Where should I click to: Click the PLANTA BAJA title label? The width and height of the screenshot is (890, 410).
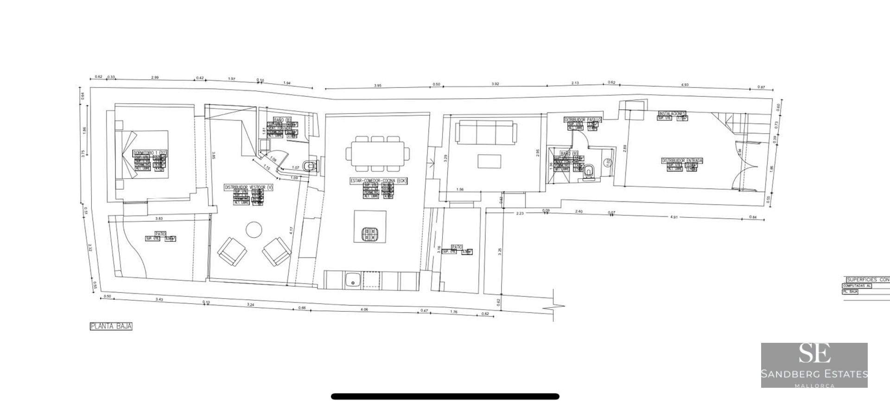111,326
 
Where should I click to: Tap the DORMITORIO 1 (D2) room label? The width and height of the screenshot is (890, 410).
149,153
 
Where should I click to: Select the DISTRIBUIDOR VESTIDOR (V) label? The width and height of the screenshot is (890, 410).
248,187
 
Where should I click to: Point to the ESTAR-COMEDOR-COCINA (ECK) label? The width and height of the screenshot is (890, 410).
378,181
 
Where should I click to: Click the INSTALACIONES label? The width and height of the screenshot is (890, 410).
672,114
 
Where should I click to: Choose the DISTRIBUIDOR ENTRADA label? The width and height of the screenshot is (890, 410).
682,160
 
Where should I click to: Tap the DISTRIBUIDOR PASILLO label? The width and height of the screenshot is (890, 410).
583,120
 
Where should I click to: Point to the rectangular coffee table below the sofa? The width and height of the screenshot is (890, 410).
489,161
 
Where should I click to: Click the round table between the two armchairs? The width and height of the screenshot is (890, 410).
254,229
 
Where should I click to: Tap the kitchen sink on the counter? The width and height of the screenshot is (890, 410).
353,280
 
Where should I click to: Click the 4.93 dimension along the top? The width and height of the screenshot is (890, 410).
684,85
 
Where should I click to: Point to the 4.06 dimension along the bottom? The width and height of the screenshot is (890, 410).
364,309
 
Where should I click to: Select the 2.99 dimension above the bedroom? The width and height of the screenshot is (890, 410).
154,77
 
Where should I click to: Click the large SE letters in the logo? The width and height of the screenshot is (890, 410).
814,355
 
